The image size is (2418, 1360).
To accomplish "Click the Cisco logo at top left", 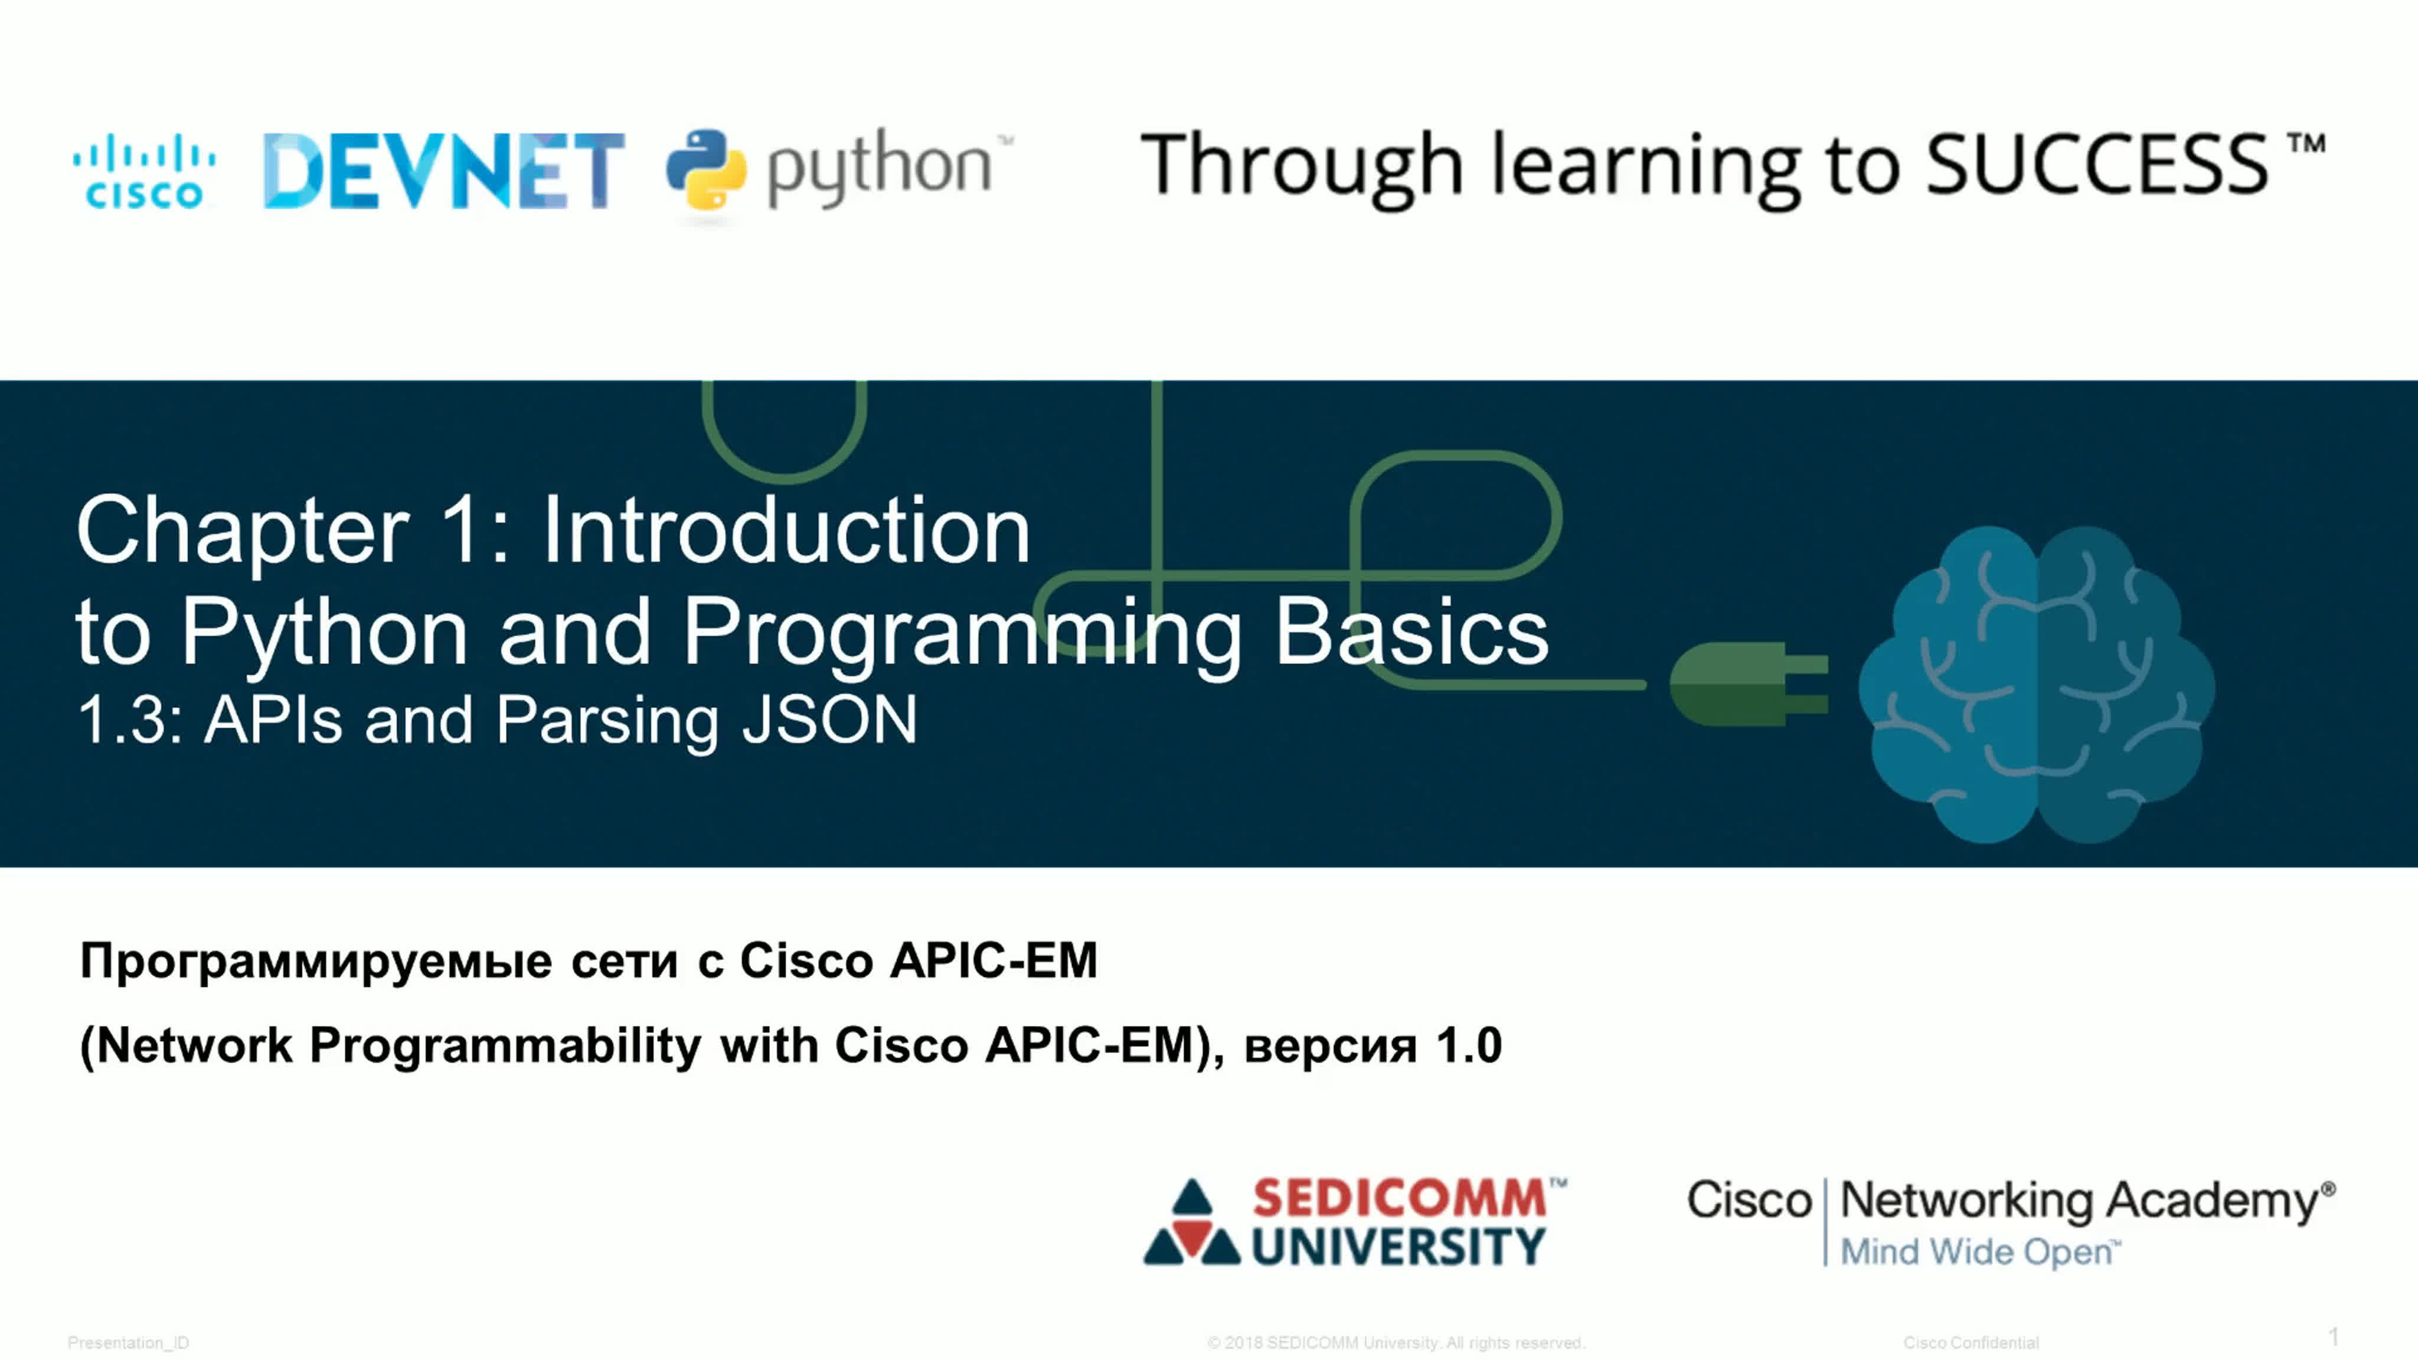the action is [145, 171].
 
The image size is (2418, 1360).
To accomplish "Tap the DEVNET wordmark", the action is [444, 170].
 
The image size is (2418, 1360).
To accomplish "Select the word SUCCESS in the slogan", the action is [2097, 164].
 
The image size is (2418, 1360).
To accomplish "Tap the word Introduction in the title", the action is [786, 530].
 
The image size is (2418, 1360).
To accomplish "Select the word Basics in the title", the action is [1411, 632].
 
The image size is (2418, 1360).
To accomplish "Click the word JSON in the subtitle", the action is [829, 721].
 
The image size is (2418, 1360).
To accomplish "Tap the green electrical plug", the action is [1749, 684].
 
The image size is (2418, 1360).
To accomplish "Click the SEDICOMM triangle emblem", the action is [1192, 1222].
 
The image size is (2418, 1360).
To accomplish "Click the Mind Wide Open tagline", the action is [1979, 1252].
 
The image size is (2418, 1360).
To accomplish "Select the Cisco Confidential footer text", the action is [1971, 1343].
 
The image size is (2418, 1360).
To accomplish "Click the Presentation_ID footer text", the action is [129, 1343].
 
